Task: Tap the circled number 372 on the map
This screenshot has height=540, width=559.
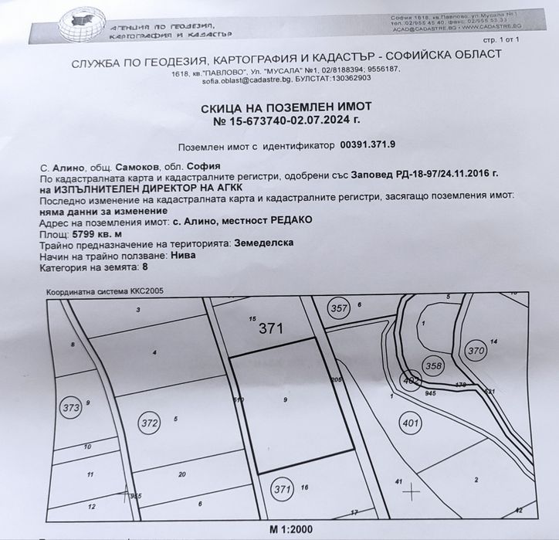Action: pyautogui.click(x=148, y=423)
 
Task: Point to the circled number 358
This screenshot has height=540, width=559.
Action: pyautogui.click(x=434, y=365)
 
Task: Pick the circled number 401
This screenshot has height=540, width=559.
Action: pyautogui.click(x=411, y=422)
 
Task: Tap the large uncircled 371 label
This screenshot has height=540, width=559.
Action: pyautogui.click(x=272, y=328)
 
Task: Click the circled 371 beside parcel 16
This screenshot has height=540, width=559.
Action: pyautogui.click(x=283, y=488)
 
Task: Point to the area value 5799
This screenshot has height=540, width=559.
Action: pyautogui.click(x=81, y=233)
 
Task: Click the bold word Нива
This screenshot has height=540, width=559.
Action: pyautogui.click(x=182, y=255)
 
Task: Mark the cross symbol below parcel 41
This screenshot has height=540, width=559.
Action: pyautogui.click(x=412, y=490)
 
